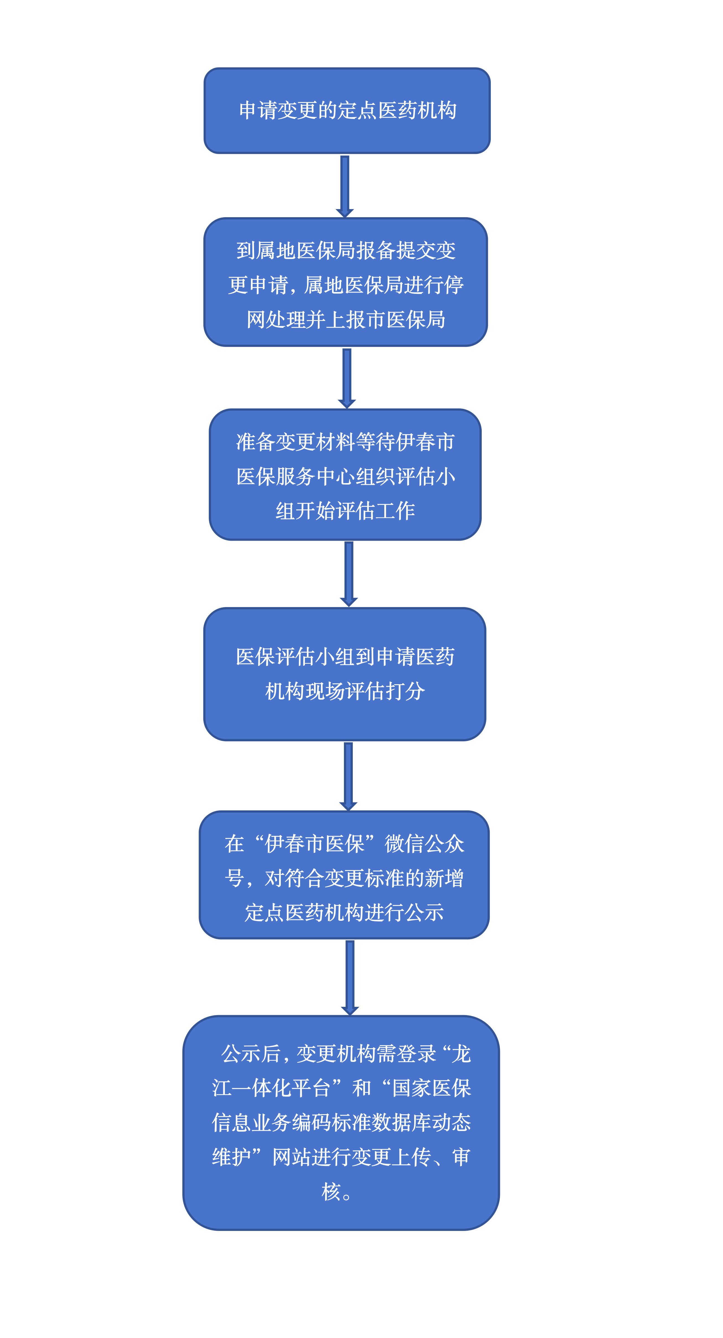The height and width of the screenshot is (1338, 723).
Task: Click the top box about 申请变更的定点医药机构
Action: [x=347, y=111]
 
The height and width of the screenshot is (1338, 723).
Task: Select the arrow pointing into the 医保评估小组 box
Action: [x=349, y=574]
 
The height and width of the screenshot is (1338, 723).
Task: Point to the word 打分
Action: [x=405, y=691]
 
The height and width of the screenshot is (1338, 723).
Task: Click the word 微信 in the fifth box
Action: [x=404, y=844]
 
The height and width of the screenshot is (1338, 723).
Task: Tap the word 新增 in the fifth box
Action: [x=444, y=878]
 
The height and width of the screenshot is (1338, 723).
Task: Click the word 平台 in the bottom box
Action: [x=311, y=1088]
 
